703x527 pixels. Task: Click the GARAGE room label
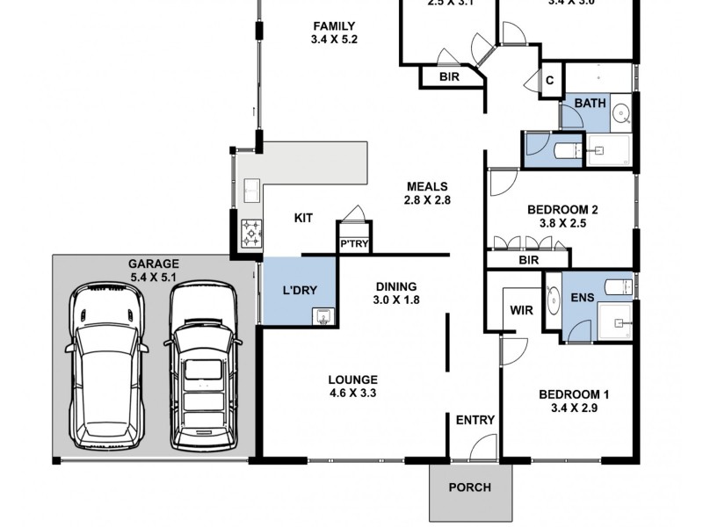click(x=154, y=263)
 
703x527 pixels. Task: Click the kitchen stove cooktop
click(x=251, y=233)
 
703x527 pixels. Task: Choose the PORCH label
click(x=469, y=488)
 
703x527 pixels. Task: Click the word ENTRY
click(x=475, y=420)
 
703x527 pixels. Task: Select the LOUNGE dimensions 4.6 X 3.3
click(x=352, y=393)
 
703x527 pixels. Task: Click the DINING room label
click(x=396, y=286)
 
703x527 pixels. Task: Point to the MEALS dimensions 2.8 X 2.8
click(x=428, y=200)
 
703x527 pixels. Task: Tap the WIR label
click(x=521, y=310)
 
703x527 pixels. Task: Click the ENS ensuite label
click(x=583, y=298)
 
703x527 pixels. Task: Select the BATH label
click(x=590, y=104)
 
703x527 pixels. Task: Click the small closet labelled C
click(x=550, y=81)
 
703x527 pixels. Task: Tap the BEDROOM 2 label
click(x=562, y=210)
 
